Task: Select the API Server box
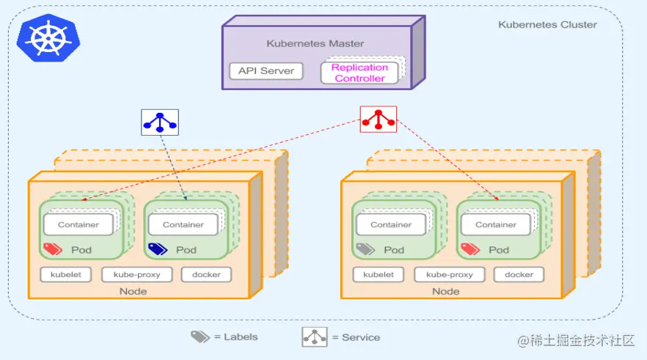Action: (266, 71)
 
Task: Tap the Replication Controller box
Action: (359, 73)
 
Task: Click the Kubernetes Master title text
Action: (315, 43)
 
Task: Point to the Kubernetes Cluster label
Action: (547, 24)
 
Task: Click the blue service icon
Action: (160, 122)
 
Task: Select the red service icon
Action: (378, 119)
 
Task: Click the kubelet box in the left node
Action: (66, 275)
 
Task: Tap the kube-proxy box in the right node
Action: (450, 275)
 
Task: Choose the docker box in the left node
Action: (206, 275)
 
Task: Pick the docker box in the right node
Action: (519, 275)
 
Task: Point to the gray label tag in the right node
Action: (365, 249)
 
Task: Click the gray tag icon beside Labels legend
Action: (200, 337)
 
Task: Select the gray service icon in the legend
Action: (315, 337)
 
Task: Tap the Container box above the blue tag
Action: (183, 224)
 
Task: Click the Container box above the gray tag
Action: (391, 224)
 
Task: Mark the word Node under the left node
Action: (133, 292)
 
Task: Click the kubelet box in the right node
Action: (379, 275)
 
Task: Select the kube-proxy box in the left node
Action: (136, 275)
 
